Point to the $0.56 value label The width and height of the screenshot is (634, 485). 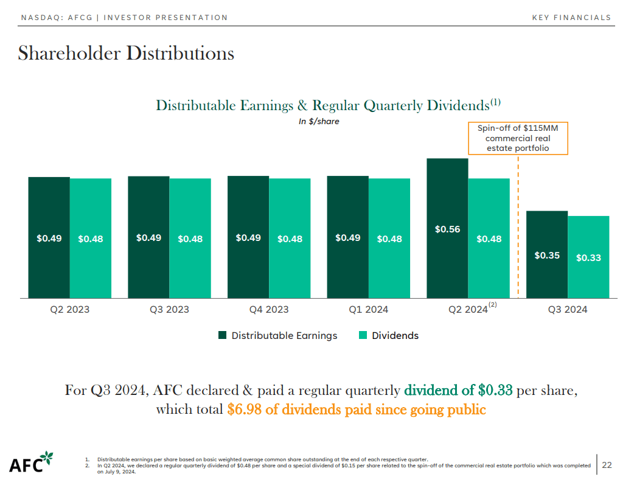click(x=447, y=229)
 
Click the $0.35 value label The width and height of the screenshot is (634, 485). click(x=547, y=256)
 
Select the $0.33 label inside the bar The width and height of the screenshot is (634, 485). click(x=588, y=257)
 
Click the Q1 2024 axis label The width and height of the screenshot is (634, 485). click(x=368, y=310)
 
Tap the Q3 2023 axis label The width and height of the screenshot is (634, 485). click(x=169, y=310)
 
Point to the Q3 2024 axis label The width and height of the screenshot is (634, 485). click(x=567, y=310)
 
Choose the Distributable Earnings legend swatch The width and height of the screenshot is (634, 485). click(x=223, y=335)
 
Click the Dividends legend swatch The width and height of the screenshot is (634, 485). click(x=363, y=335)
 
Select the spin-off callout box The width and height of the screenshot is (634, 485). click(x=518, y=138)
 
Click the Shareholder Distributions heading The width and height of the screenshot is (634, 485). click(x=126, y=53)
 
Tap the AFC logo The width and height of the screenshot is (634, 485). click(x=31, y=463)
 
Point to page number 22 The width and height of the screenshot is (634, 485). click(x=607, y=466)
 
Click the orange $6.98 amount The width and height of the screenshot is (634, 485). click(x=241, y=410)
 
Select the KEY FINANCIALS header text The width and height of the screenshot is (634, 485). click(x=571, y=18)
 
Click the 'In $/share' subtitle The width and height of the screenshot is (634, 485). click(x=319, y=121)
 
